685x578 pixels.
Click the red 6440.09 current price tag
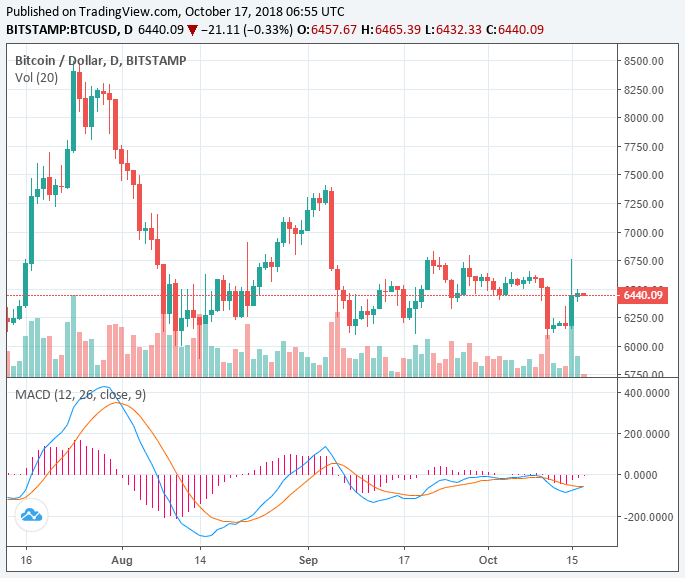(x=643, y=295)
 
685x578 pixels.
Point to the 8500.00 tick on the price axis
(x=642, y=61)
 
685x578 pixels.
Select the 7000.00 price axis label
(x=642, y=233)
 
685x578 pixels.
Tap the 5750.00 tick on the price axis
(x=642, y=375)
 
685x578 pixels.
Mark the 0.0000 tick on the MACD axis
(x=649, y=475)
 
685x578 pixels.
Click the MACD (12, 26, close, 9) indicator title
(x=80, y=395)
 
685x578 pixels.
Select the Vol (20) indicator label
(x=37, y=77)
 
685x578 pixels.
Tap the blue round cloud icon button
(x=31, y=515)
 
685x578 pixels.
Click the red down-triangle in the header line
(x=192, y=30)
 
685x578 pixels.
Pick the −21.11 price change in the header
(x=222, y=30)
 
